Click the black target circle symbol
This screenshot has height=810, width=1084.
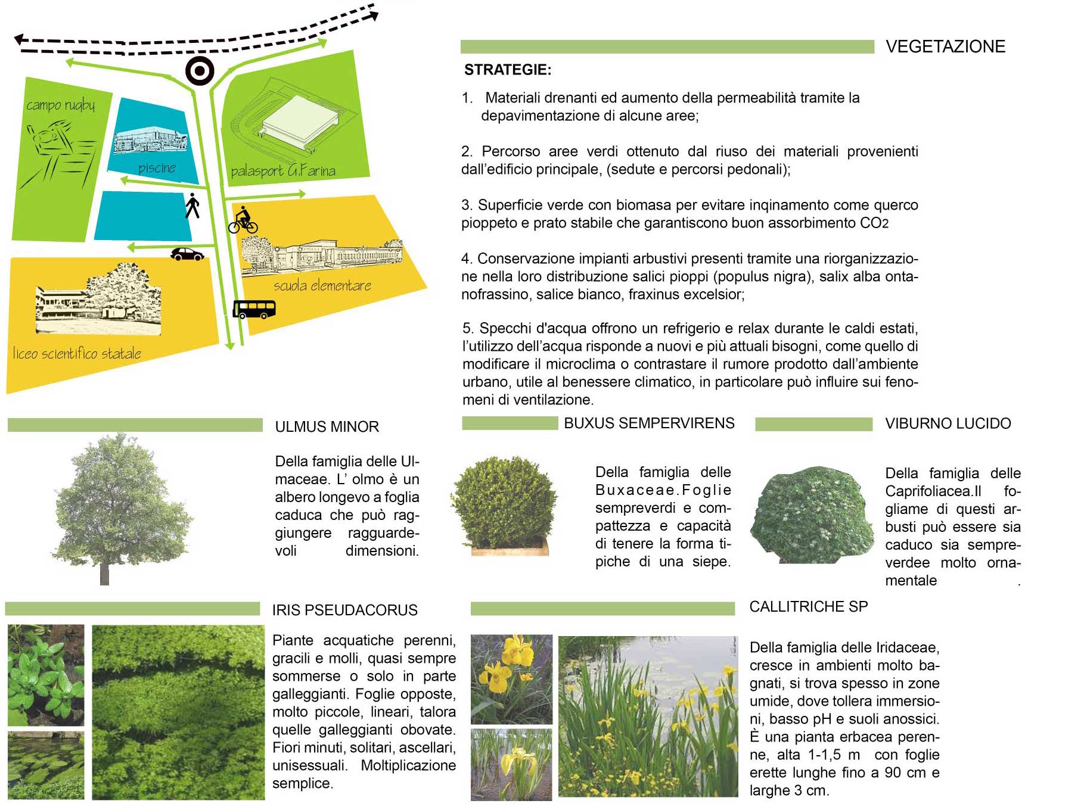(200, 71)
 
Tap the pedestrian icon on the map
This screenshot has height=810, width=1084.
(192, 205)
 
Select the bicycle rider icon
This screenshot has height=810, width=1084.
(243, 220)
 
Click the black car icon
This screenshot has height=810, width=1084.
(187, 254)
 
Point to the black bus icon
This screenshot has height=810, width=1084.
(254, 309)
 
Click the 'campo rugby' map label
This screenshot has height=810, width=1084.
(60, 105)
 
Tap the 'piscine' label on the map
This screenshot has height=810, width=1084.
(157, 168)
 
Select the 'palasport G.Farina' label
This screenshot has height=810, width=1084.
(283, 171)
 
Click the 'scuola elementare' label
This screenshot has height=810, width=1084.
(322, 286)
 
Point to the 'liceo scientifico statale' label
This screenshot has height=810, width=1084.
(77, 353)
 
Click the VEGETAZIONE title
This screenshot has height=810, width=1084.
(945, 46)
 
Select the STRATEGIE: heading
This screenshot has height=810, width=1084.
(508, 70)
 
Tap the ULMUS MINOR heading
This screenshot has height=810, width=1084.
(327, 426)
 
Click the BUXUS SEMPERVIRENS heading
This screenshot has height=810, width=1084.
(649, 423)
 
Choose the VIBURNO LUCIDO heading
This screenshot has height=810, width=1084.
(948, 423)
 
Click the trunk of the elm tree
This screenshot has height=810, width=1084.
(105, 574)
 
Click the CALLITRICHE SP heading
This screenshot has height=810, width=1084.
(808, 606)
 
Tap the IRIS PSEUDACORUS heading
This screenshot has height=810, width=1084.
(344, 610)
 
